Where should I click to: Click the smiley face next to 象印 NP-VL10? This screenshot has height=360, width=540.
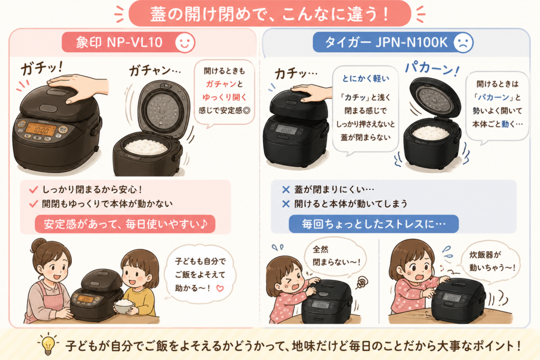click(185, 43)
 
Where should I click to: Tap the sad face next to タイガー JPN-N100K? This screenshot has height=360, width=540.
click(463, 43)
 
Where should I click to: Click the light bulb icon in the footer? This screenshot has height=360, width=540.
click(48, 344)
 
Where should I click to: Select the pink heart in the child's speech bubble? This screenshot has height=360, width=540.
click(220, 288)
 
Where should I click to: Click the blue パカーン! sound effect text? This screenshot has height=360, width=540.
click(432, 69)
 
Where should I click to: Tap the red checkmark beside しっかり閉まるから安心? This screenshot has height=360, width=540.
click(33, 190)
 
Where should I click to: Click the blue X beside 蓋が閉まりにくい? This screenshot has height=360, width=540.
click(285, 190)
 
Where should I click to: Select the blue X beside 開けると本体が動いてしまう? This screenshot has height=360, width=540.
click(285, 204)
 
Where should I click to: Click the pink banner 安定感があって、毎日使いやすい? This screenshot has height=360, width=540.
click(125, 224)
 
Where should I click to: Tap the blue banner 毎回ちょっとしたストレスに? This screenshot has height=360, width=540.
click(374, 224)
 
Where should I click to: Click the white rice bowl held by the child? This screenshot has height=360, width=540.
click(123, 306)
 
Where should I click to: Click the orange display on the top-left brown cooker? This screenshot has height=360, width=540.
click(40, 130)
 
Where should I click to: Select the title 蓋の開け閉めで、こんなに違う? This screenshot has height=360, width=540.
click(269, 14)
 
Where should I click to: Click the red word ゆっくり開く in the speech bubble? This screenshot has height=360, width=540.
click(225, 98)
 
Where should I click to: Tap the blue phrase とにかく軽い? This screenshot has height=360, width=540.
click(365, 79)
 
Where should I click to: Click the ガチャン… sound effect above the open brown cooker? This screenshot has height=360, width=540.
click(155, 71)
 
